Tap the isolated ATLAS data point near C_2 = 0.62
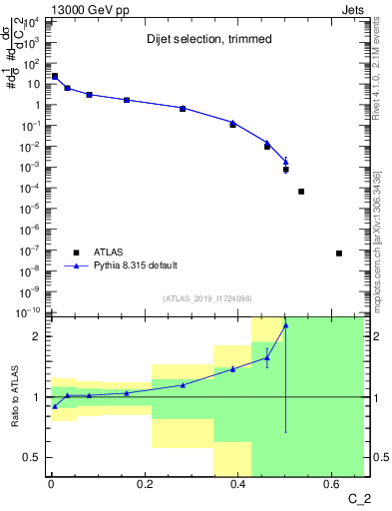339,253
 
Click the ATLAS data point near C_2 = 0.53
301,191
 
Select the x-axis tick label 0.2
144,486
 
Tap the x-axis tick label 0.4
237,486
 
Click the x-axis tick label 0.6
331,486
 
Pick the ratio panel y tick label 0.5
32,457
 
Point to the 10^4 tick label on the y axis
32,22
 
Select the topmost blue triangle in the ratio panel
286,324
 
